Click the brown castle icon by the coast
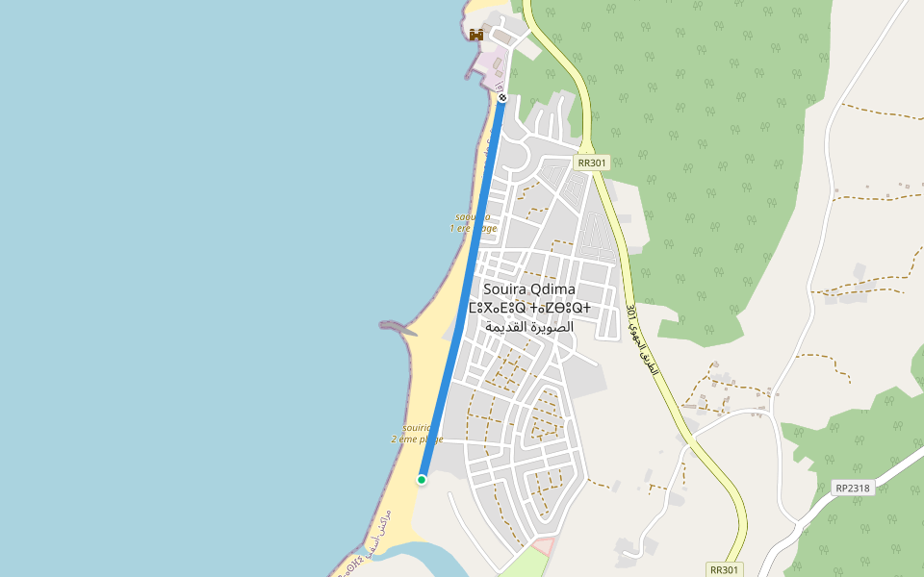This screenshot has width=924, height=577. [x=475, y=35]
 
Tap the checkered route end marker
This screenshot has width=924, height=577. [x=502, y=97]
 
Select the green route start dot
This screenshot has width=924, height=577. [x=422, y=479]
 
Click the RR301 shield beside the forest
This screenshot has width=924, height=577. [x=592, y=163]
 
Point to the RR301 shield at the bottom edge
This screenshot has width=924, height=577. [x=725, y=569]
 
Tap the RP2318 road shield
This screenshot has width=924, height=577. [x=853, y=488]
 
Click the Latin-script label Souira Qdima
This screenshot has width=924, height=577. [x=529, y=289]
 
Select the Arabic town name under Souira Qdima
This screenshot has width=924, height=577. [x=529, y=327]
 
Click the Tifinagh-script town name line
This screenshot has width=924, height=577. [x=529, y=309]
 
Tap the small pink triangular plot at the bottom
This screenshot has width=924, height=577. [x=544, y=546]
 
